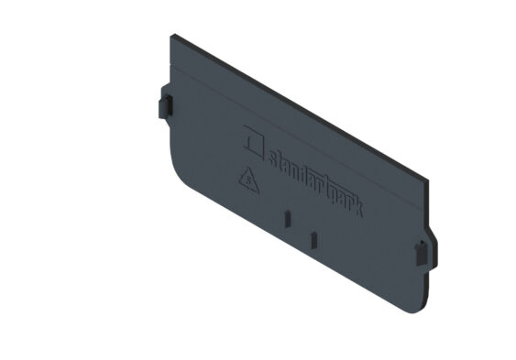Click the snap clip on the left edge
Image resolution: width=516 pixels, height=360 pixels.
[166, 106]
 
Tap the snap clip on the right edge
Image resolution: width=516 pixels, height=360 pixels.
[422, 253]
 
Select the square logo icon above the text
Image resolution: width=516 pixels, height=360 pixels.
[254, 142]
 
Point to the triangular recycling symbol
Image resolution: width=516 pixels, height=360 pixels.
[248, 181]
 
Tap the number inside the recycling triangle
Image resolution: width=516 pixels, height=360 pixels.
[249, 181]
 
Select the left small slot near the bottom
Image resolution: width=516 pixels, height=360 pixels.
[287, 219]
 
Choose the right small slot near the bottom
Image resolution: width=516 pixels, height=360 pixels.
[314, 240]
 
